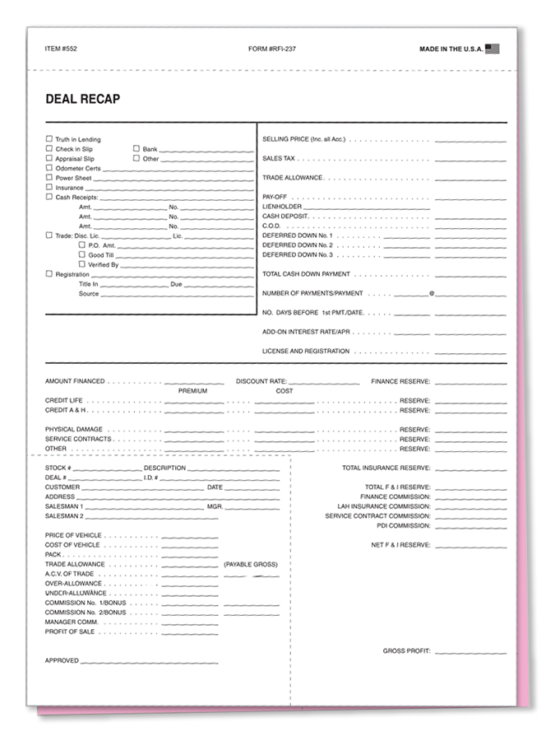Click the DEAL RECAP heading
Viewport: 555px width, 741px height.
(83, 100)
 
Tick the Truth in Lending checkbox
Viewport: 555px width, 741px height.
(49, 139)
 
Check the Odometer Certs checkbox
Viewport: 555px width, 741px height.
(49, 168)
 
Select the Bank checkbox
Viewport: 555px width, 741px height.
(136, 149)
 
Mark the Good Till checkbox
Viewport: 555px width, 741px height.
(81, 255)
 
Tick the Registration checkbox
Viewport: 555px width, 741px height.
(49, 274)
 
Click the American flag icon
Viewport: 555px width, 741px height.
(493, 49)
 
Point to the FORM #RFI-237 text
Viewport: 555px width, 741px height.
(271, 49)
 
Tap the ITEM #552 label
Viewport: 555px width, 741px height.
(62, 49)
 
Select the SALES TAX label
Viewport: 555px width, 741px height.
(279, 158)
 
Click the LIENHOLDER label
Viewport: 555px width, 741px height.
(282, 207)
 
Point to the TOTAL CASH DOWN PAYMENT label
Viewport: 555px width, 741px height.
(306, 274)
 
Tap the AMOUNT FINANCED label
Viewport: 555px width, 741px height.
(75, 381)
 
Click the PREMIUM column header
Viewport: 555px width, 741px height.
(192, 391)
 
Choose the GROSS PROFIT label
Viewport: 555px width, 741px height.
(406, 651)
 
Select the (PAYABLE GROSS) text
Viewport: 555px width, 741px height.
(251, 564)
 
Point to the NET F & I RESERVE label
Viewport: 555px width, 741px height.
(400, 545)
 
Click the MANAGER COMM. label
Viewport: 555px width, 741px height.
(72, 622)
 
